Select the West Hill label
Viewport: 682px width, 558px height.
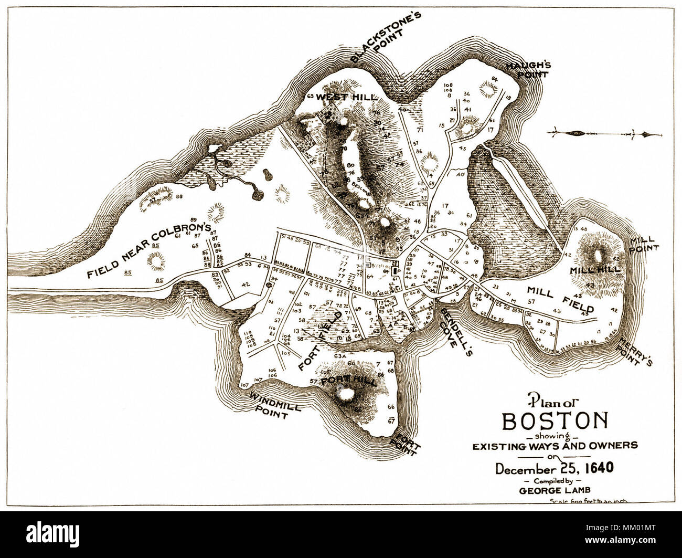(346, 98)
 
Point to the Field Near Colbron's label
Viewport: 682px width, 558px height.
(149, 251)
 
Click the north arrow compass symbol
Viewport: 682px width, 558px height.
(603, 133)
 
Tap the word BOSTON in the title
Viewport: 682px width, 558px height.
(556, 421)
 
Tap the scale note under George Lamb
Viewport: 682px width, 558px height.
(588, 501)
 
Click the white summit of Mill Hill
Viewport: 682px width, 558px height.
(598, 257)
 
